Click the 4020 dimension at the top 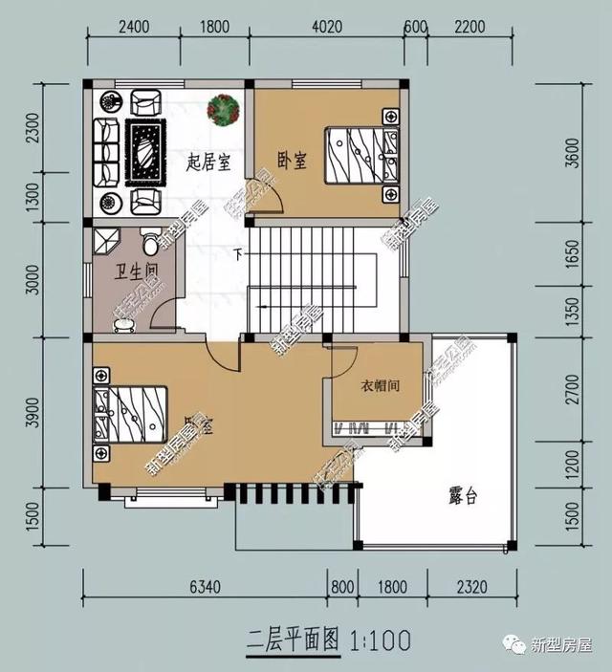coord(328,27)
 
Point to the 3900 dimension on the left coord(34,412)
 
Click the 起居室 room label coord(208,162)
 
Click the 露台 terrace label coord(464,496)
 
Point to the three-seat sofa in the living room coord(106,151)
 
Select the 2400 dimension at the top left coord(134,27)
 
